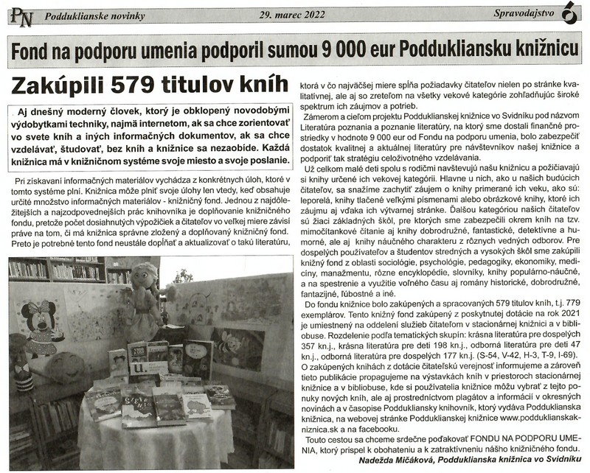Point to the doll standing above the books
[x=142, y=302]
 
